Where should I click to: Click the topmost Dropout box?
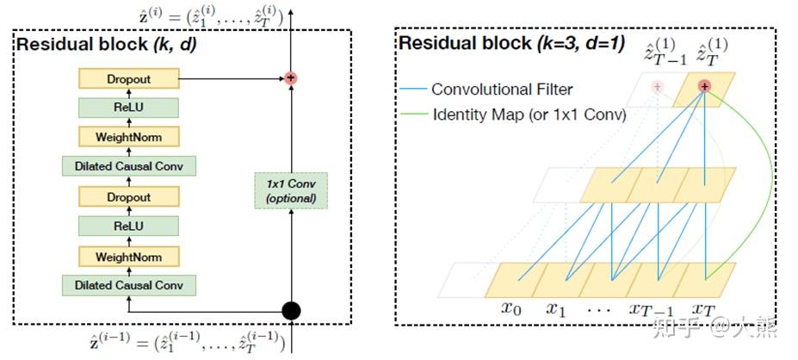coord(128,79)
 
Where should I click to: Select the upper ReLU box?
coord(128,108)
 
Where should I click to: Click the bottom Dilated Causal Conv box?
coord(128,284)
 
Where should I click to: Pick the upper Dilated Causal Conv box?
coord(128,166)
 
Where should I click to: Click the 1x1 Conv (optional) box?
coord(292,190)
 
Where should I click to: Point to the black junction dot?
coord(292,311)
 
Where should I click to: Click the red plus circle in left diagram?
coord(292,78)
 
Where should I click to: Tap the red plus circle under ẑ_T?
coord(704,86)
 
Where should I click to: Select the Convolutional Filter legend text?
coord(502,90)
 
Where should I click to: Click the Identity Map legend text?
coord(528,114)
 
